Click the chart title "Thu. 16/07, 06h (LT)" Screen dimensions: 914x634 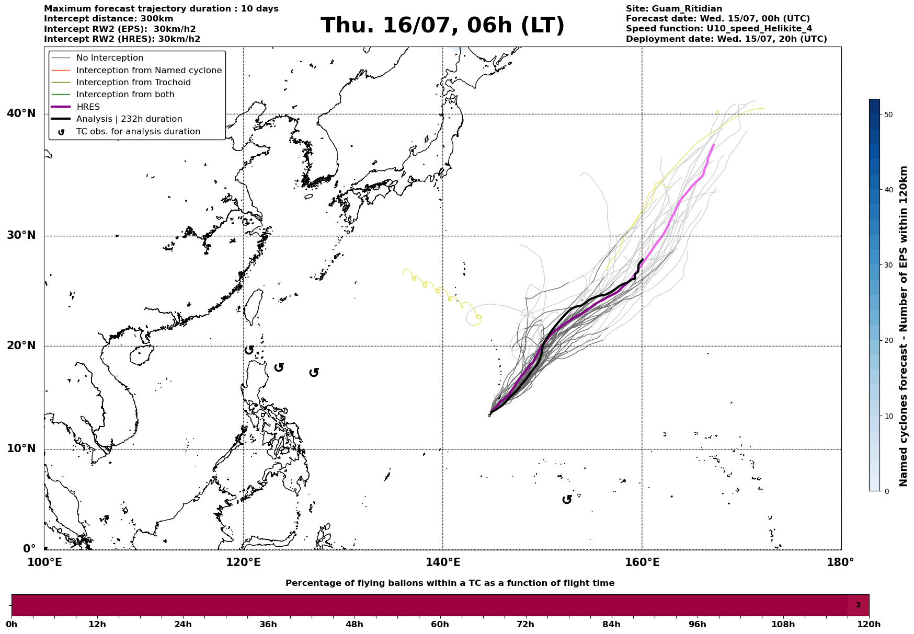coord(442,26)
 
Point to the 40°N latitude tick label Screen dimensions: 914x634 coord(21,113)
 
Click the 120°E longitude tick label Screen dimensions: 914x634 coord(243,562)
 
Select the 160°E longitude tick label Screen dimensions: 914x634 coord(642,562)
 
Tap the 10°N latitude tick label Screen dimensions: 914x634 coord(21,449)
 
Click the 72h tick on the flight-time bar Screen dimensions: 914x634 coord(525,624)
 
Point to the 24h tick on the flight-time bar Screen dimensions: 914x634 coord(183,624)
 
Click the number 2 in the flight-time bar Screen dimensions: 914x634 coord(858,605)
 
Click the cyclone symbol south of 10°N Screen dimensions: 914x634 coord(567,500)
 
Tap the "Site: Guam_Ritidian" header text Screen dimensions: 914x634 coord(674,9)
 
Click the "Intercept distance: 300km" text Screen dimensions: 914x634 coord(109,19)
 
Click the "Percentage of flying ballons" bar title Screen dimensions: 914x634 coord(450,583)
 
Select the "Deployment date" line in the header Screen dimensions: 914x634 coord(726,39)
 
